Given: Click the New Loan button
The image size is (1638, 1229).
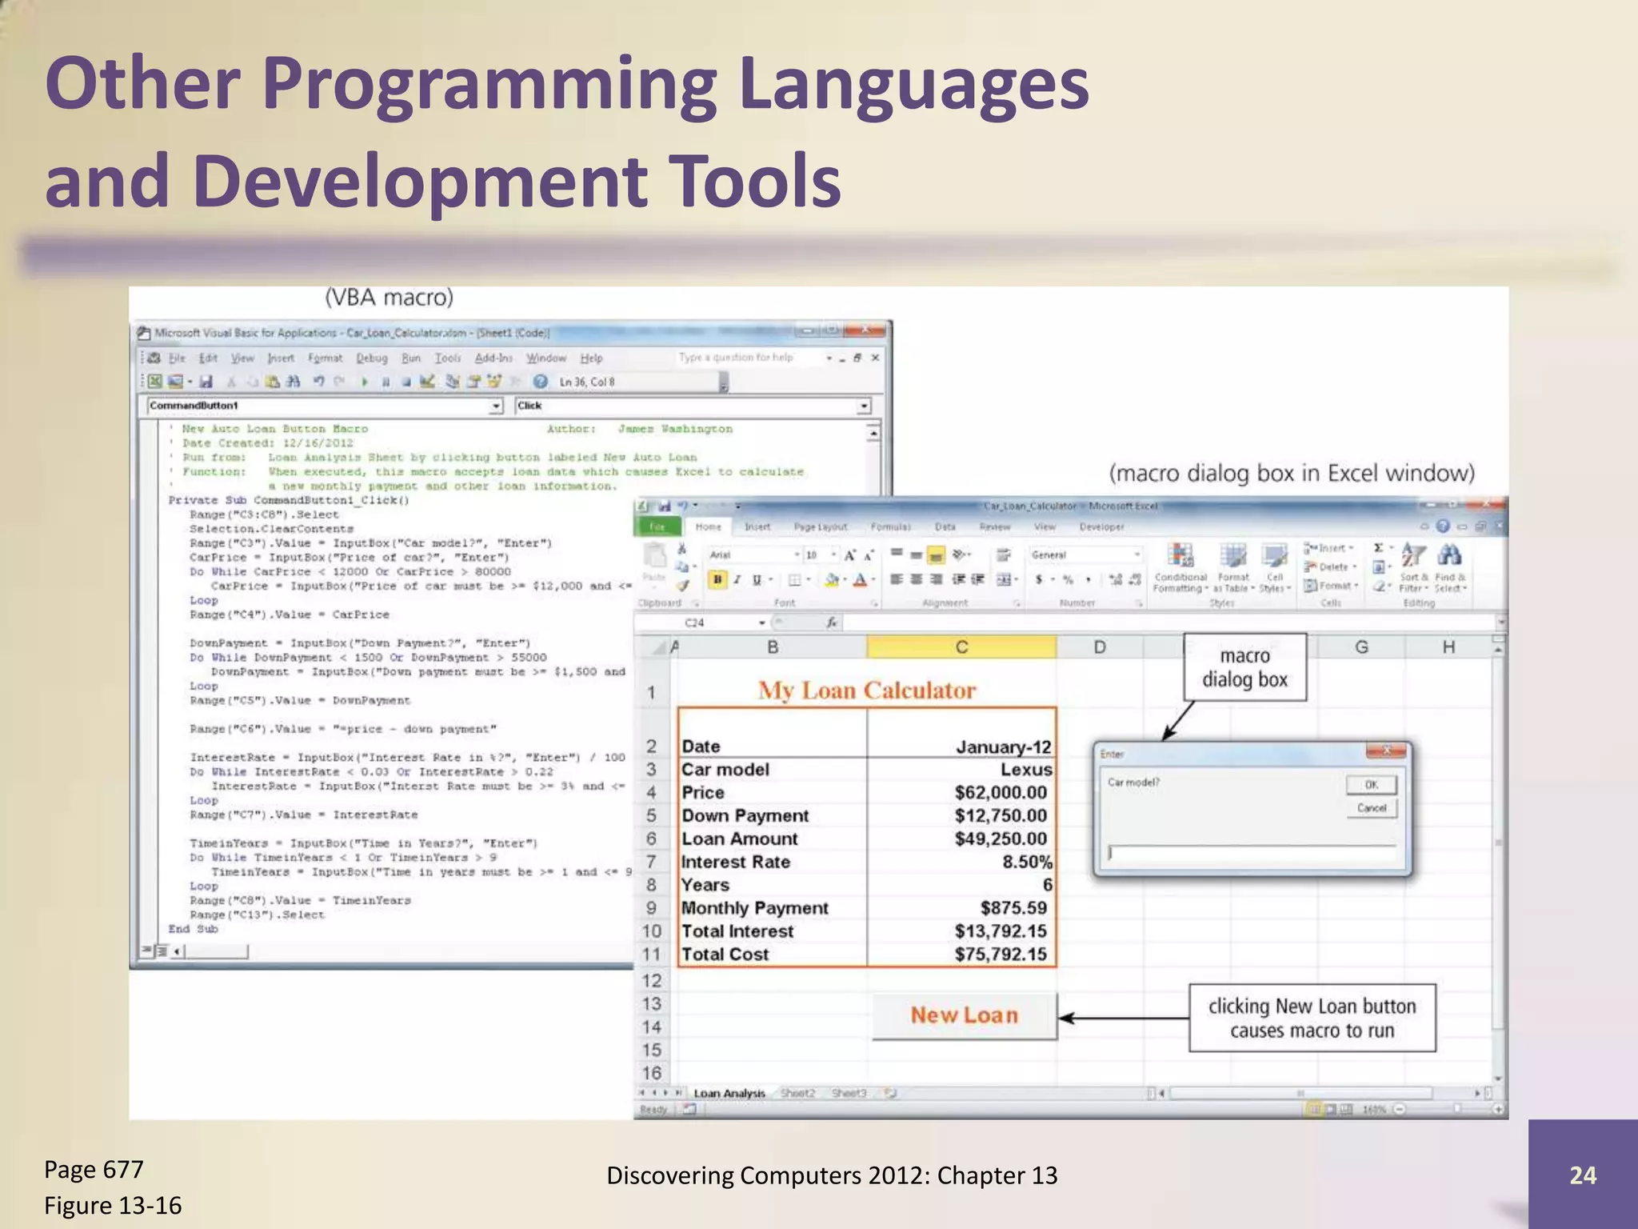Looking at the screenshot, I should (964, 1015).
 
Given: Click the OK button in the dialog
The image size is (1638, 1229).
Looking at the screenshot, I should (1371, 785).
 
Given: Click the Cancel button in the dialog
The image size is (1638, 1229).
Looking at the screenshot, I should (1371, 808).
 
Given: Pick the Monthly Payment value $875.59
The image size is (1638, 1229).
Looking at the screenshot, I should (1013, 908).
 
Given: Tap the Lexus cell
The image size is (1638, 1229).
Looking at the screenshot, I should (1025, 770).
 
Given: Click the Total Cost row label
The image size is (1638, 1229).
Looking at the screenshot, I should (725, 955).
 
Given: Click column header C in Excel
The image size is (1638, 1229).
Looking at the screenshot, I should (961, 647).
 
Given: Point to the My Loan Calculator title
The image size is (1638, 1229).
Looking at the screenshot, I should (867, 691).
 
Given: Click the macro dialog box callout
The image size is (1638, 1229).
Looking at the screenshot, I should (1244, 667).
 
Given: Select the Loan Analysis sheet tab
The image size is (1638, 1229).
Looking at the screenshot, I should (729, 1093).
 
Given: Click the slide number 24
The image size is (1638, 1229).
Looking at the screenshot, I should (1582, 1175).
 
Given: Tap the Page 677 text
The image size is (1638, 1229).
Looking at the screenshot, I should (94, 1170).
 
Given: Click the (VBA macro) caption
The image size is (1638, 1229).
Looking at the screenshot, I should (389, 298).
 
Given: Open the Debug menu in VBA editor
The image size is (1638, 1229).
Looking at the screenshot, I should (371, 358).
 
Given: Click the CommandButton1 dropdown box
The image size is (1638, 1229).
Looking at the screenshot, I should (325, 406).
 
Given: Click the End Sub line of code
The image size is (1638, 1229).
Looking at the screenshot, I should (193, 929).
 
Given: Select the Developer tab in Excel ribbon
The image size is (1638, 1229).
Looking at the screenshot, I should (1101, 527).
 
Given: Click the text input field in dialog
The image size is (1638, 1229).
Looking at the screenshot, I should (1252, 854).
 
